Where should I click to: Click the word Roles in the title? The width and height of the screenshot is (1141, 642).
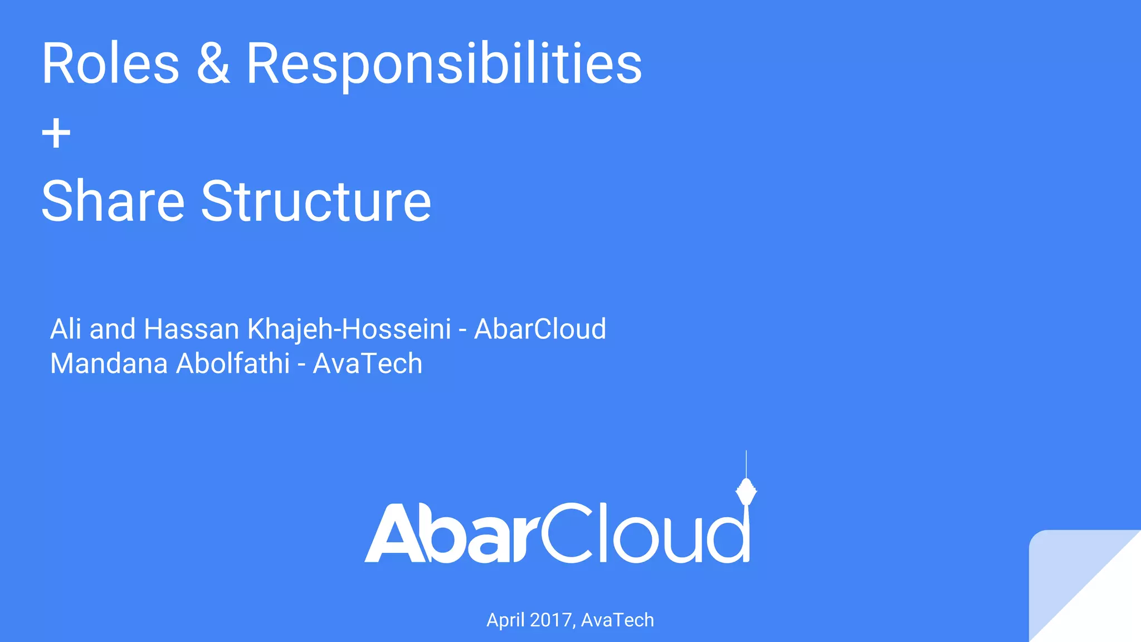(x=110, y=64)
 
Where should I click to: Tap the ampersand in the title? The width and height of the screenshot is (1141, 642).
(x=213, y=64)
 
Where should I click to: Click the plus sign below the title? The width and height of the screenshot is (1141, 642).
(x=56, y=134)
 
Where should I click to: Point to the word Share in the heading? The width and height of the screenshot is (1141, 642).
(x=113, y=201)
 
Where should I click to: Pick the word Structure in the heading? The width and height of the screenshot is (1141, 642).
(x=316, y=201)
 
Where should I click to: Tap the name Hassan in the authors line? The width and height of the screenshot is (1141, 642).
(x=192, y=329)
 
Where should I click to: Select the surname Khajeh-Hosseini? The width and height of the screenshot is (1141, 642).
(x=349, y=330)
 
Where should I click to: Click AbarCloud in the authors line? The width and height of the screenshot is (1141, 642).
(x=540, y=329)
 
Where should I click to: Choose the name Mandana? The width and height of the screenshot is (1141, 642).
(x=109, y=363)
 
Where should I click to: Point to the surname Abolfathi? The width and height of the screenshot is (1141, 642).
(x=233, y=363)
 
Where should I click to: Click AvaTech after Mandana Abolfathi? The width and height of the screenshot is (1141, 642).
(x=368, y=363)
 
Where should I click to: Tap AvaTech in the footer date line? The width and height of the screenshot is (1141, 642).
(x=617, y=620)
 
